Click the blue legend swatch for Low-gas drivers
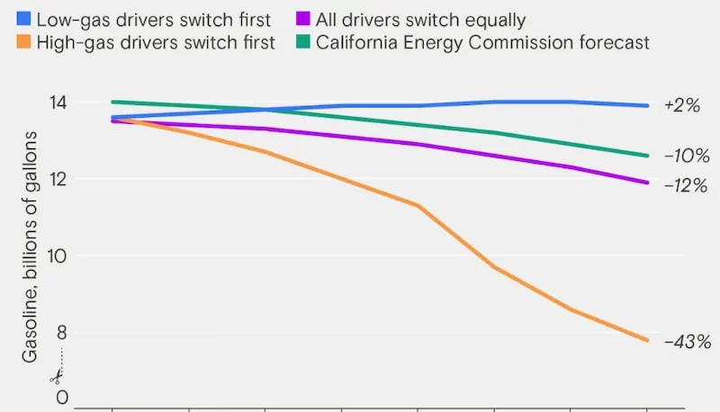[x=22, y=18]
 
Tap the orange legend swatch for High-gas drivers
[x=22, y=43]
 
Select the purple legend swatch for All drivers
[x=301, y=18]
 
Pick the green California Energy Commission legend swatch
[x=301, y=43]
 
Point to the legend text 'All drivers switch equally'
[x=420, y=18]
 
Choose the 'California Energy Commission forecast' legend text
[x=482, y=43]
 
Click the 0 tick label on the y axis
[x=61, y=397]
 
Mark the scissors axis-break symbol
[x=56, y=374]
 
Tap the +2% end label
[x=681, y=105]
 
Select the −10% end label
[x=687, y=155]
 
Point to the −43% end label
[x=688, y=342]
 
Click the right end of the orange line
[x=647, y=340]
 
